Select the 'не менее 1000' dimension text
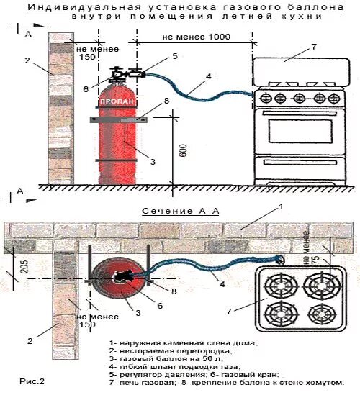click(x=192, y=35)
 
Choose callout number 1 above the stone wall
click(x=282, y=206)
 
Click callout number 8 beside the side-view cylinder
click(x=166, y=101)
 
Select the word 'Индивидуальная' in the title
click(x=73, y=8)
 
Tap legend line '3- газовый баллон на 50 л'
click(x=155, y=358)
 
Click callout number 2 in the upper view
click(x=27, y=60)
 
